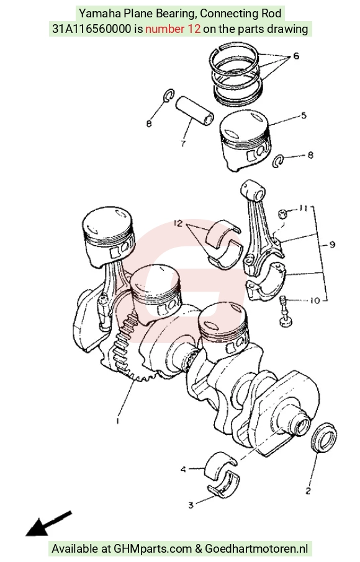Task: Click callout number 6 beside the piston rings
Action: coord(296,56)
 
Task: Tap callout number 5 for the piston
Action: coord(304,115)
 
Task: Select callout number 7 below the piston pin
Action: coord(183,144)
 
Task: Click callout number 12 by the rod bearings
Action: coord(178,223)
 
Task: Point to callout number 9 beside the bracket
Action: coord(332,244)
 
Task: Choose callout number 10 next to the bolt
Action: coord(315,300)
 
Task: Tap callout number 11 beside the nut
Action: coord(304,208)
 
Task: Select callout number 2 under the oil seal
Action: coord(308,491)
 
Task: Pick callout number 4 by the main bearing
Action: coord(183,469)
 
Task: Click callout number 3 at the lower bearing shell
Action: coord(191,505)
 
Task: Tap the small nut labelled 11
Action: coord(282,214)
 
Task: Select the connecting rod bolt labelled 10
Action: coord(286,311)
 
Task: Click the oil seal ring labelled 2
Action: coord(324,438)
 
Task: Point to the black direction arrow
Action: coord(49,524)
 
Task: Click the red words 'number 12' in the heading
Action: coord(173,29)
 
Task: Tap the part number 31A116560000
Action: coord(92,29)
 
